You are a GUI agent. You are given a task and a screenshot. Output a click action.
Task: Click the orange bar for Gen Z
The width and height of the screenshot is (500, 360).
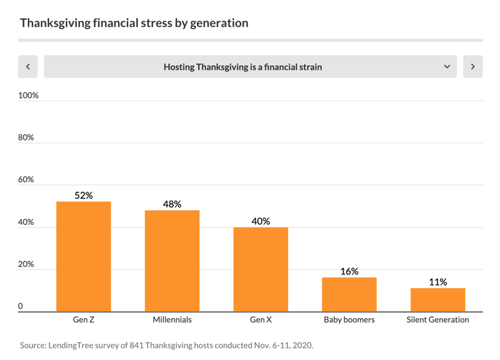pyautogui.click(x=84, y=256)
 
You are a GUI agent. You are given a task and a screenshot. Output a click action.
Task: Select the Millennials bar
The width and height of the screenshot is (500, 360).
pyautogui.click(x=172, y=261)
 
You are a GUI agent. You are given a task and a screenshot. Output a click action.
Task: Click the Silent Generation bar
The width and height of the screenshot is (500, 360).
pyautogui.click(x=437, y=299)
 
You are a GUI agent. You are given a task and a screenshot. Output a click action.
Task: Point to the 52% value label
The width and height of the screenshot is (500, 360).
pyautogui.click(x=84, y=196)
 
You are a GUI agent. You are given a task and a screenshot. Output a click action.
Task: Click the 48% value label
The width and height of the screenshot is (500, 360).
pyautogui.click(x=172, y=204)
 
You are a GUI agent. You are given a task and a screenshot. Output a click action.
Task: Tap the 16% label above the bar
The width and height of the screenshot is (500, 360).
pyautogui.click(x=349, y=271)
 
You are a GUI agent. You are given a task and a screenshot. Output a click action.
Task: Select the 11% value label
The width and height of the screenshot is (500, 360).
pyautogui.click(x=437, y=282)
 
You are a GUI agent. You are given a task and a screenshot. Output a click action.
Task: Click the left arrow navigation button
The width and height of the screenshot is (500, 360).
pyautogui.click(x=28, y=67)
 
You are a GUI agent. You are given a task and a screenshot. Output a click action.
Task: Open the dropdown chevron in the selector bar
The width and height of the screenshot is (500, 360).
pyautogui.click(x=447, y=67)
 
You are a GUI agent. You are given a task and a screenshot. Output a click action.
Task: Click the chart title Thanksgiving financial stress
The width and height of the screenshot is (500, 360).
pyautogui.click(x=134, y=23)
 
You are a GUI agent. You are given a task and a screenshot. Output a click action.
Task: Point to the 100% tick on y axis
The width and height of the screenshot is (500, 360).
pyautogui.click(x=29, y=96)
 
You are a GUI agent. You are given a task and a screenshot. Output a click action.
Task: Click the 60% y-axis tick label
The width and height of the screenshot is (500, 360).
pyautogui.click(x=27, y=180)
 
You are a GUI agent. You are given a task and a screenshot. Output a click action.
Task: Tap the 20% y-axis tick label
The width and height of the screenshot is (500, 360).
pyautogui.click(x=27, y=264)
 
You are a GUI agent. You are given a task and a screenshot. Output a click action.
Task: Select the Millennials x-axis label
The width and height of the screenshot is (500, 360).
pyautogui.click(x=172, y=320)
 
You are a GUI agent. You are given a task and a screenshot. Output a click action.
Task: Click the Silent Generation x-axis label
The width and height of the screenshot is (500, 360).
pyautogui.click(x=437, y=320)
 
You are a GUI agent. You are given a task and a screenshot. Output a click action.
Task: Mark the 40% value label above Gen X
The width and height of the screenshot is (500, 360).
pyautogui.click(x=261, y=221)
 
